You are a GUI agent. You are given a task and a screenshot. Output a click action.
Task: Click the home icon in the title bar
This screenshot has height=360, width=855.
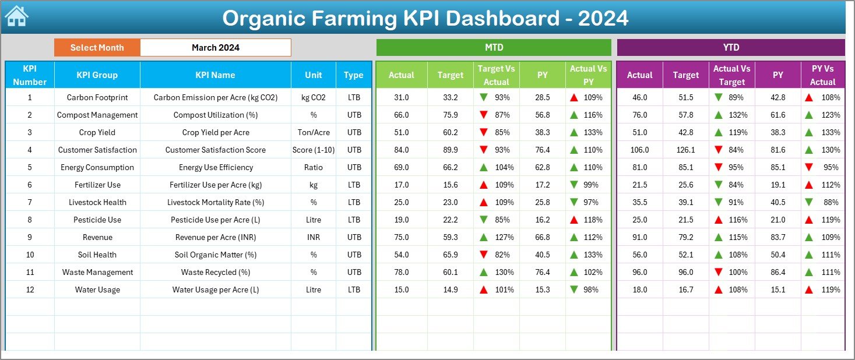(x=17, y=16)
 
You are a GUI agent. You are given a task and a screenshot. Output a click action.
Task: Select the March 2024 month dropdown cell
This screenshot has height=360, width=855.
(x=215, y=48)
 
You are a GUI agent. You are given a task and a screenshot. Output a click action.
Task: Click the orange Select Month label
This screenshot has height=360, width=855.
(x=97, y=48)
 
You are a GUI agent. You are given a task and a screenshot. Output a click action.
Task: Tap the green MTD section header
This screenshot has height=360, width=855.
(x=494, y=47)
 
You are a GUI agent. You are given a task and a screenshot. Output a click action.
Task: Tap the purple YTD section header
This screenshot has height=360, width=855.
(x=730, y=47)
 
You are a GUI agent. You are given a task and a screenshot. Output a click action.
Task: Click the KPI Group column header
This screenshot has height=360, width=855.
(x=97, y=75)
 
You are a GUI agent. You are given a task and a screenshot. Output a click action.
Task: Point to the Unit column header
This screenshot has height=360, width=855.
(x=314, y=75)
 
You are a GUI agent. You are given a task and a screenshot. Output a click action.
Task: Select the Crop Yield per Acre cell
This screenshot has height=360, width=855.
(x=215, y=132)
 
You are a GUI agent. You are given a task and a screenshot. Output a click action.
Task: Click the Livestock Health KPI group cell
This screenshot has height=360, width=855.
(x=97, y=202)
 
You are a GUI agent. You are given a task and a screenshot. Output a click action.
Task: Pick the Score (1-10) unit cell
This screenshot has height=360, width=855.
(x=314, y=150)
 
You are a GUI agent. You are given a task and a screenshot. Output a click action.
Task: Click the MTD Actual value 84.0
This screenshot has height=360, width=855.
(x=401, y=150)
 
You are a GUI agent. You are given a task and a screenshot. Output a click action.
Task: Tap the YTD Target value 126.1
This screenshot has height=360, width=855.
(x=685, y=150)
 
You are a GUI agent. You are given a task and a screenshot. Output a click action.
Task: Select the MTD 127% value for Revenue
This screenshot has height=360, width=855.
(x=504, y=237)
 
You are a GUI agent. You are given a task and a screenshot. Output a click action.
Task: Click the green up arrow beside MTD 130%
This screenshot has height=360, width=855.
(x=483, y=272)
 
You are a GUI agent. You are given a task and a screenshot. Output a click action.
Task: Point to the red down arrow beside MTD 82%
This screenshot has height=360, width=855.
(x=483, y=255)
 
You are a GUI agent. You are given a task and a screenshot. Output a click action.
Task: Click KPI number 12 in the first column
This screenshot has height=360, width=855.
(x=30, y=290)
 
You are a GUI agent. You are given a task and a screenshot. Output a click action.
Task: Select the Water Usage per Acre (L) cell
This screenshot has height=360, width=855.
(x=215, y=290)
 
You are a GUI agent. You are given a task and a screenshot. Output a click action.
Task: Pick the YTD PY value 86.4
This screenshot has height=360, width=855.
(x=777, y=272)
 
